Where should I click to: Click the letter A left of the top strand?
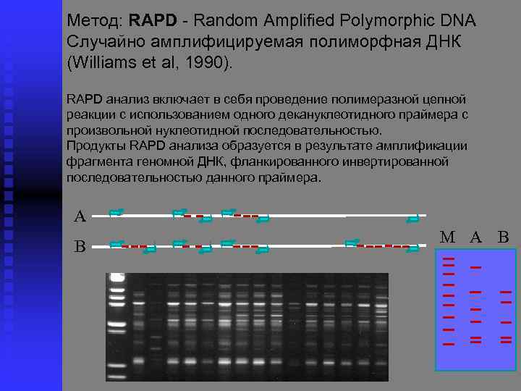coord(80,216)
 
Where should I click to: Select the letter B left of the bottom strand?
coord(80,247)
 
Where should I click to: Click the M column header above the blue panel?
coord(448,237)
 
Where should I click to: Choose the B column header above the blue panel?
coord(504,237)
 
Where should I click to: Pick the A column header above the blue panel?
coord(475,237)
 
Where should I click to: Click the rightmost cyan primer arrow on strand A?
coord(412,217)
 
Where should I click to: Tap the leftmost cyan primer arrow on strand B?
coord(116,244)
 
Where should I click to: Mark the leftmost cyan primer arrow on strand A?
coord(116,213)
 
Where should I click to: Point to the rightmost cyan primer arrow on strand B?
coord(412,248)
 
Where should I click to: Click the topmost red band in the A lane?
coord(475,268)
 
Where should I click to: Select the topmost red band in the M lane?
coord(448,259)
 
